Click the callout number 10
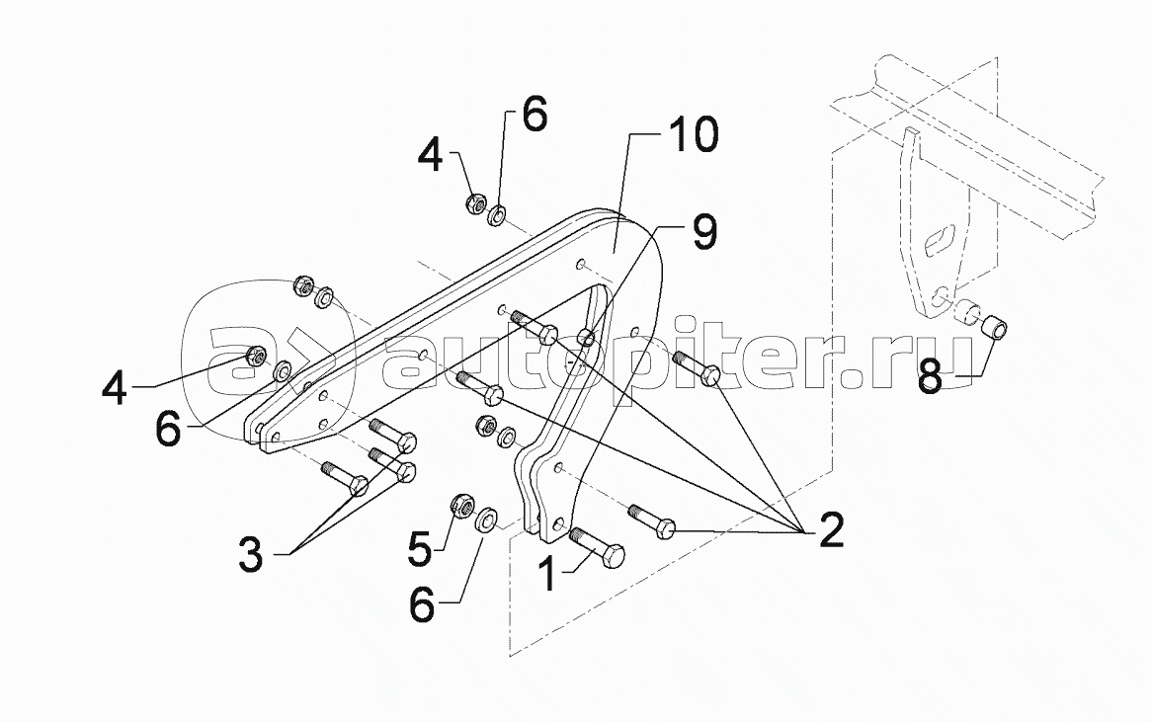pyautogui.click(x=692, y=137)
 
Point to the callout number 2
pyautogui.click(x=829, y=530)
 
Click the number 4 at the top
pyautogui.click(x=431, y=155)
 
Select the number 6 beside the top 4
pyautogui.click(x=533, y=115)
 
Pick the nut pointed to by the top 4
pyautogui.click(x=473, y=204)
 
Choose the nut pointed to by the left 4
pyautogui.click(x=254, y=355)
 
